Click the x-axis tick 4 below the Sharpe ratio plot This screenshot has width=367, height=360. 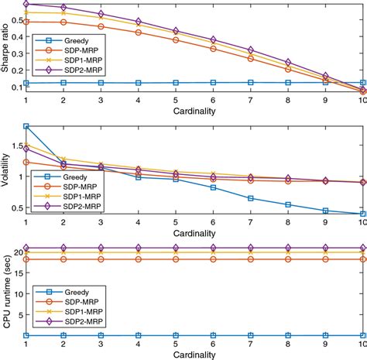click(x=138, y=100)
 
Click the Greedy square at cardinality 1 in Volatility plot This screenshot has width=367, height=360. click(x=26, y=125)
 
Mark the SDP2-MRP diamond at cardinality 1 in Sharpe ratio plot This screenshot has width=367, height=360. click(x=26, y=4)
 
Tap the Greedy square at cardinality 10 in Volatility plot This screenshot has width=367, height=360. click(x=363, y=214)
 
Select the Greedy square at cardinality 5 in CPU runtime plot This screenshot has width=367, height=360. click(x=176, y=336)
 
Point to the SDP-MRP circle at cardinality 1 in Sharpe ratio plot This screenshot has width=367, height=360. click(x=26, y=22)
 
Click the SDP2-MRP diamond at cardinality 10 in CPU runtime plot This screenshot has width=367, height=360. click(x=363, y=249)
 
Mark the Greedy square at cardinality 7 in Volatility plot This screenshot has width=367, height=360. click(x=251, y=198)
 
